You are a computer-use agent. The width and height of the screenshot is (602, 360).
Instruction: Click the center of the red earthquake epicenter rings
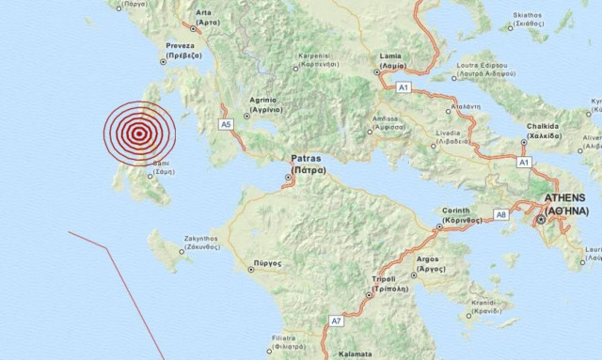coord(139,134)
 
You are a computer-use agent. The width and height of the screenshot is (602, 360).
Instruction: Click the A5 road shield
coord(226,123)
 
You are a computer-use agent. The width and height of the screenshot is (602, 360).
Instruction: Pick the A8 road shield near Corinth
coord(501,215)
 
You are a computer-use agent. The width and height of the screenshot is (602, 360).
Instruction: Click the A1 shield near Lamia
coord(403,87)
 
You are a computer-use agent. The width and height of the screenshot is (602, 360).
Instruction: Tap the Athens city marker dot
coord(540,221)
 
